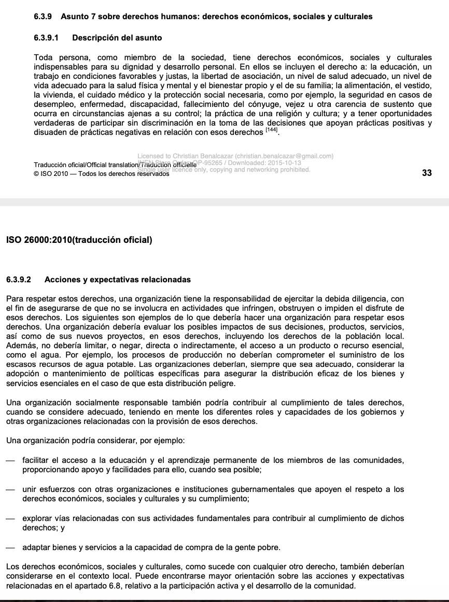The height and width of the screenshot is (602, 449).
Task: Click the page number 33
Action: pyautogui.click(x=427, y=173)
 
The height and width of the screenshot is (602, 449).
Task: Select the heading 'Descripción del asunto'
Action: pyautogui.click(x=117, y=38)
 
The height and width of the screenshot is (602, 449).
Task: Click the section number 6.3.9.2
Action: pyautogui.click(x=19, y=280)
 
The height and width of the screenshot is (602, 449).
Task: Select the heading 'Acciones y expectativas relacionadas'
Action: pyautogui.click(x=118, y=280)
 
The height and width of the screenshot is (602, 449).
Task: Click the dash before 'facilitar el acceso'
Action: pyautogui.click(x=11, y=460)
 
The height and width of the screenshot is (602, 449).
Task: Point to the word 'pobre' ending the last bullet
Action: pyautogui.click(x=269, y=548)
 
